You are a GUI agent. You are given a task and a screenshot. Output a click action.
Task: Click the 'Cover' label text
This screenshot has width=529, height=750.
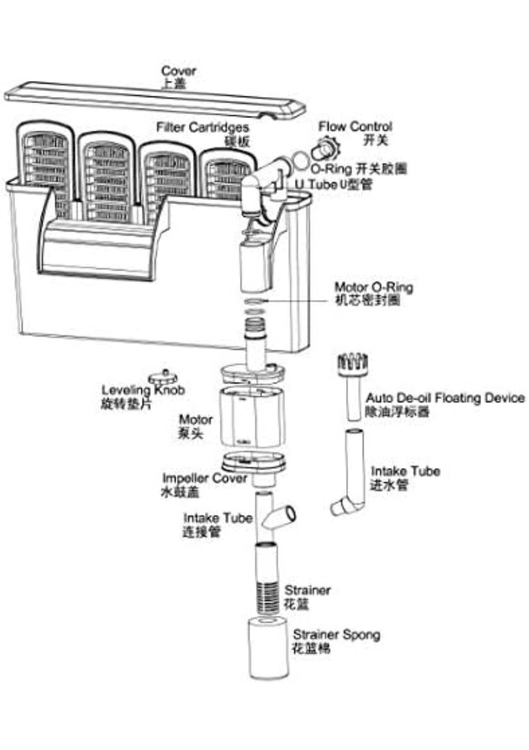[x=178, y=71]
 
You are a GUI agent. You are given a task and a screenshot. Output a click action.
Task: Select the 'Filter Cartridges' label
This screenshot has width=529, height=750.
[x=203, y=127]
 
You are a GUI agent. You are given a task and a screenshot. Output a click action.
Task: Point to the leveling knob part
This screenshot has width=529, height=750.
[x=163, y=377]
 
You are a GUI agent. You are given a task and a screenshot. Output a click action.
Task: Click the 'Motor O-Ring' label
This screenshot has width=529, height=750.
[x=373, y=287]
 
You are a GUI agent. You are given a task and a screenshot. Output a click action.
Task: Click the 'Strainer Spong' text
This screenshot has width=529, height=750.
[x=337, y=635]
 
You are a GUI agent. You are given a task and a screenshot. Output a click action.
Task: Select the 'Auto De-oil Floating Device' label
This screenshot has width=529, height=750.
[x=445, y=398]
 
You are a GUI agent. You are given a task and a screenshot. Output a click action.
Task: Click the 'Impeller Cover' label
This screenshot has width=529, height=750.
[x=204, y=478]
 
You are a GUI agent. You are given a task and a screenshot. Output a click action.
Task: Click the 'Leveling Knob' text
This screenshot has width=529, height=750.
[x=143, y=390]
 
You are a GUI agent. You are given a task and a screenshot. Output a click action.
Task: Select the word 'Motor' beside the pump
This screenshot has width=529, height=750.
[x=195, y=420]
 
